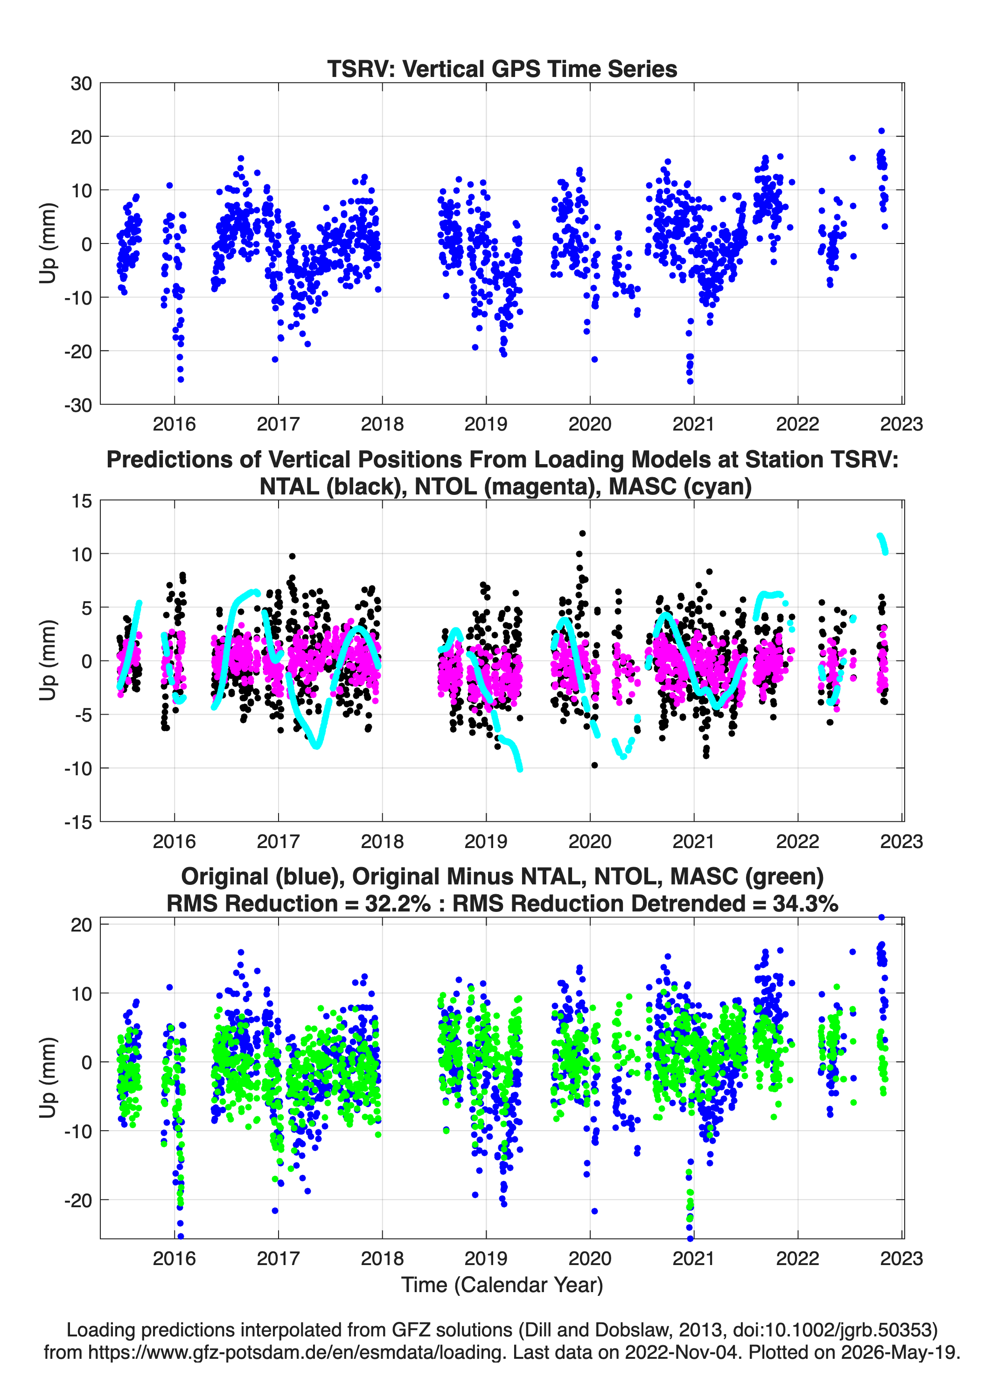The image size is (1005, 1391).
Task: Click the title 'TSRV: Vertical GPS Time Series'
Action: click(502, 69)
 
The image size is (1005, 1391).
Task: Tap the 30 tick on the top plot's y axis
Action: click(81, 83)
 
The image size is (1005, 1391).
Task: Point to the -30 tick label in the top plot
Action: click(78, 405)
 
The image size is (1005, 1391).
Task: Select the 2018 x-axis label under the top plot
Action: click(382, 424)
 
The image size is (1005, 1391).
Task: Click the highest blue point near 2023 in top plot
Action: click(882, 131)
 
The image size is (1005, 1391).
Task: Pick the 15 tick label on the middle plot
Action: click(82, 501)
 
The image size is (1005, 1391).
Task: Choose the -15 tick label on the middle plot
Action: click(78, 822)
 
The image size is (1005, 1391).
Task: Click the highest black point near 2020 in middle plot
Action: click(582, 534)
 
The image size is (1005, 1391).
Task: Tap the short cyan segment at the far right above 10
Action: click(882, 543)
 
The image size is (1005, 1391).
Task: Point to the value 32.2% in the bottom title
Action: click(398, 904)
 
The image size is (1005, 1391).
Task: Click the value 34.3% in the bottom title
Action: click(806, 904)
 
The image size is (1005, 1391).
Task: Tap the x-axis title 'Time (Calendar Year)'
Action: click(502, 1284)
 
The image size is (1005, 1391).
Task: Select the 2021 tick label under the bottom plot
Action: click(693, 1258)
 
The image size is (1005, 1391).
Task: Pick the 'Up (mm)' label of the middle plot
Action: click(49, 661)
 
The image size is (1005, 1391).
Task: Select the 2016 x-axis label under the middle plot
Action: click(174, 841)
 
